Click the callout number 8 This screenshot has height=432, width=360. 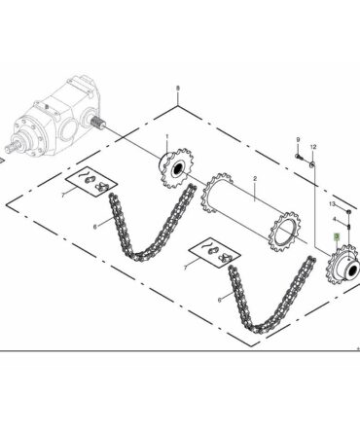[x=177, y=89]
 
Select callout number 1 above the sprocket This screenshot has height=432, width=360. [x=167, y=136]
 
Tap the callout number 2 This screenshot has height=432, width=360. [x=255, y=179]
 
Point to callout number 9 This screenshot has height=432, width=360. [x=298, y=140]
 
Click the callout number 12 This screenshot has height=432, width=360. [x=313, y=147]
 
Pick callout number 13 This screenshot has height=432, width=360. [x=332, y=204]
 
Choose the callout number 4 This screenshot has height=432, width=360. [x=335, y=219]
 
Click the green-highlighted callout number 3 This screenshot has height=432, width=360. [x=337, y=237]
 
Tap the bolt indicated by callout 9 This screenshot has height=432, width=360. [x=299, y=157]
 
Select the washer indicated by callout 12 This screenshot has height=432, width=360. [x=312, y=164]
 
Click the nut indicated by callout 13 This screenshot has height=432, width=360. [x=348, y=212]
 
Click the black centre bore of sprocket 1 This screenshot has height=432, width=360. [x=178, y=168]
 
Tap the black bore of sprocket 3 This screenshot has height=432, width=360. [x=354, y=269]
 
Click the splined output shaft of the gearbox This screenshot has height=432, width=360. [x=97, y=123]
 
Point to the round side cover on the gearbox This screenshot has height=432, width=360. [x=69, y=128]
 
